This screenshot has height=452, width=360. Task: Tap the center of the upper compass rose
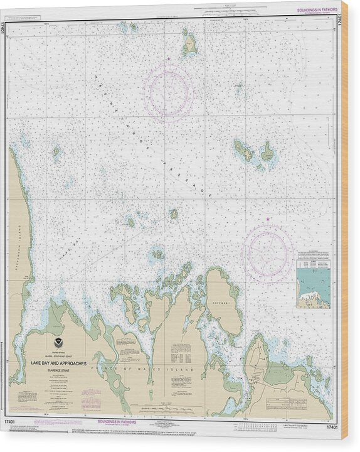click(x=167, y=94)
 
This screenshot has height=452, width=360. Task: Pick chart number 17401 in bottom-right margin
click(x=332, y=428)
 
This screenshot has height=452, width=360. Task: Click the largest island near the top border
click(x=189, y=45)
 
